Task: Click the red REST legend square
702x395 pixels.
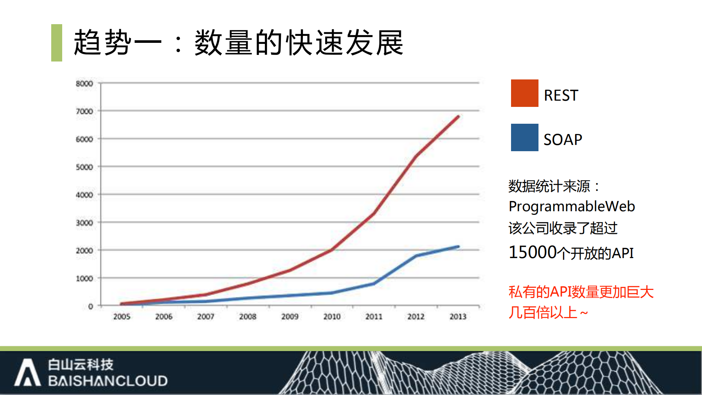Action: pos(524,93)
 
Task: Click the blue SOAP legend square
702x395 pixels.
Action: pos(524,137)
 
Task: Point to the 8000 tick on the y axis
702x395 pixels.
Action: pos(85,83)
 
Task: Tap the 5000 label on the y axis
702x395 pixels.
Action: pos(85,167)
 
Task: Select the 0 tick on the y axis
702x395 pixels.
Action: pos(90,306)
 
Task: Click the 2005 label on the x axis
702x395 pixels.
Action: pos(121,316)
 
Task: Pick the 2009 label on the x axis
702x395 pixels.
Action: pos(290,316)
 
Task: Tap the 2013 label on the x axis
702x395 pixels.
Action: pos(458,316)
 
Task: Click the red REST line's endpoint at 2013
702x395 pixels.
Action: pos(458,117)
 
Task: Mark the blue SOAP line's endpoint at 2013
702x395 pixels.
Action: pos(458,247)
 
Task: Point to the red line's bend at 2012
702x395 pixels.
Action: pos(416,156)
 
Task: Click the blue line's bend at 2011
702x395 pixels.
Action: pos(374,283)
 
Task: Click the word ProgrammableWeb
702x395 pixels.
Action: pos(571,206)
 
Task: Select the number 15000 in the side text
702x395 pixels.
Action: pos(533,252)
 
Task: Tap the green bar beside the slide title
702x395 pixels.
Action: pos(57,43)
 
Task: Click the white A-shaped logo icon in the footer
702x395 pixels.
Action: pos(27,372)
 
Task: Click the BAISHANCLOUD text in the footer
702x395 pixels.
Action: pos(108,381)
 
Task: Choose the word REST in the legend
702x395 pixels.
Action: pos(561,95)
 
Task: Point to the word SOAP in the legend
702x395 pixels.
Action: pos(563,139)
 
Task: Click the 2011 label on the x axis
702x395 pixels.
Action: pos(374,316)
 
